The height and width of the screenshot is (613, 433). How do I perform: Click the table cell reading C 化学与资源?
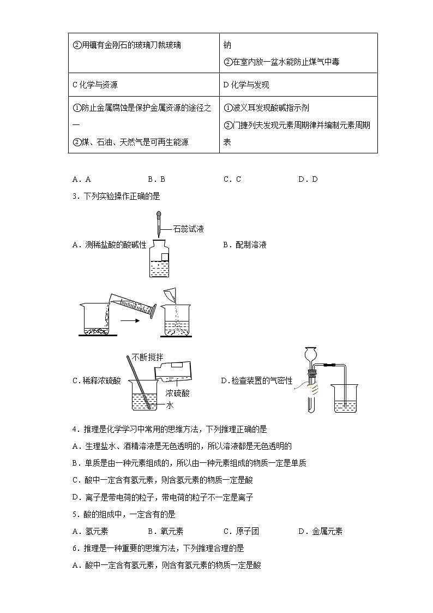[x=95, y=85]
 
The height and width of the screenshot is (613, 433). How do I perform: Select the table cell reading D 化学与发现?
[x=246, y=85]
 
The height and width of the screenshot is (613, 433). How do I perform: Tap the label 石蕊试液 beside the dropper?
[x=189, y=229]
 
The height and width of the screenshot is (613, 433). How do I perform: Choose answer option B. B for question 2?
[x=156, y=179]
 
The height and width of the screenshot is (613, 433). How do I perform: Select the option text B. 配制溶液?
[x=244, y=245]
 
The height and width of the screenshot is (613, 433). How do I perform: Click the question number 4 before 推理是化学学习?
[x=74, y=430]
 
